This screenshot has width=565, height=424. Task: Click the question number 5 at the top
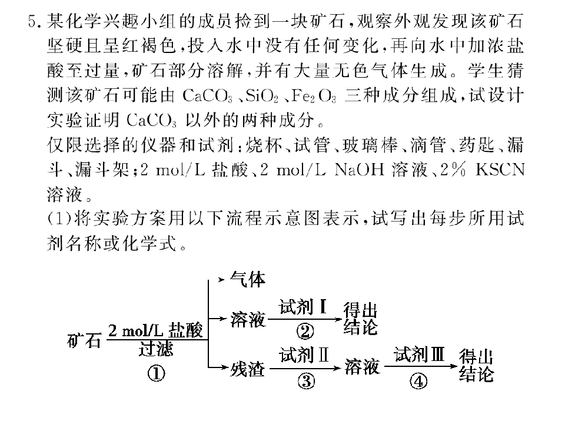33,22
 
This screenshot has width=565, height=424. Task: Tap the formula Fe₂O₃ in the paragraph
314,96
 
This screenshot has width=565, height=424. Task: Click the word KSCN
500,170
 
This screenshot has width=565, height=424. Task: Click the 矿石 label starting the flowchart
84,340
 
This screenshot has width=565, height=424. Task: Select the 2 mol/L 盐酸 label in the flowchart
155,330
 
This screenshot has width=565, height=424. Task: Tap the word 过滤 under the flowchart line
155,349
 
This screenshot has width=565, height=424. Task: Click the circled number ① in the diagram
156,374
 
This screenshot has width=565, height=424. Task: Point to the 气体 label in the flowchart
248,279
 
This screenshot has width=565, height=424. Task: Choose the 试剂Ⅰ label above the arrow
303,307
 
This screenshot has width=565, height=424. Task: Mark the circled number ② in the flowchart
305,331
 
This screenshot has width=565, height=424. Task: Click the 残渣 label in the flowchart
248,369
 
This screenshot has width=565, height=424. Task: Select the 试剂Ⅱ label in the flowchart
304,355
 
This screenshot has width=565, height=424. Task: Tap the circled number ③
306,381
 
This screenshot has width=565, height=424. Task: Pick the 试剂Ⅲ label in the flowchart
419,354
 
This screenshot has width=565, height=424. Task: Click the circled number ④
418,381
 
